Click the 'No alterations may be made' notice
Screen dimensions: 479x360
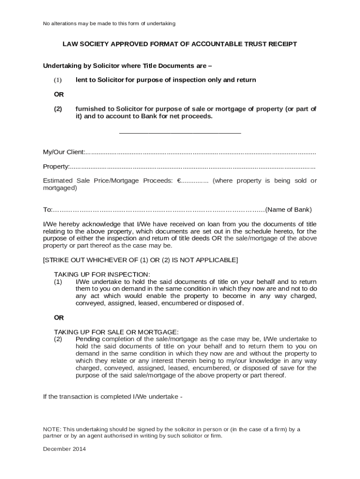[x=109, y=23]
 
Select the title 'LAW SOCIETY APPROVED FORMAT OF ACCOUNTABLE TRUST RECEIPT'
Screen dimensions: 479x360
[x=180, y=44]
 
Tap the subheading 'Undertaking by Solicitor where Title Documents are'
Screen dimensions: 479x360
[x=127, y=65]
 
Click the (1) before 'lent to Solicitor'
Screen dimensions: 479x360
[x=58, y=80]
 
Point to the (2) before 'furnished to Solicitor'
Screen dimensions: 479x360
[x=58, y=109]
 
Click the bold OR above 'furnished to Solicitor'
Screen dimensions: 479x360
[x=59, y=94]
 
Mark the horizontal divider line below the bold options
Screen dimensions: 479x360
[x=180, y=134]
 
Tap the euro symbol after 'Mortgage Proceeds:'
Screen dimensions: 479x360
[x=179, y=181]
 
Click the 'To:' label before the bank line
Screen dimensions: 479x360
[x=48, y=210]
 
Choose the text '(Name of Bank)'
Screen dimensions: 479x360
[x=288, y=210]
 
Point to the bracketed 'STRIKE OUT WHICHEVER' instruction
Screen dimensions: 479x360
[x=140, y=260]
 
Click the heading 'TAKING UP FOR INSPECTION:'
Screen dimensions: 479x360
[x=102, y=275]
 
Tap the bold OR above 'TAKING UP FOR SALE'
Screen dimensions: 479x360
[x=59, y=318]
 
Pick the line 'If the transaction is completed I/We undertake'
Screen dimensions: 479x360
[x=112, y=397]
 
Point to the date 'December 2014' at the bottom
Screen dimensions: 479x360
[x=65, y=449]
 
